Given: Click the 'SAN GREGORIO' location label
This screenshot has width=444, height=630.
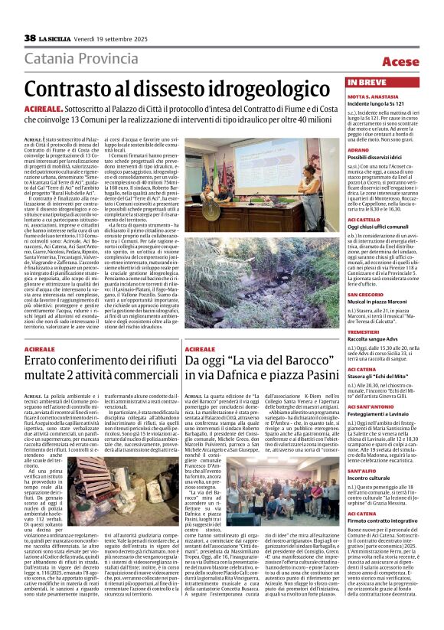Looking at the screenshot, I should (367, 294).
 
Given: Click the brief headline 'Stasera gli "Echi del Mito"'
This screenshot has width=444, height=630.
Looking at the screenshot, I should (380, 376).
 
